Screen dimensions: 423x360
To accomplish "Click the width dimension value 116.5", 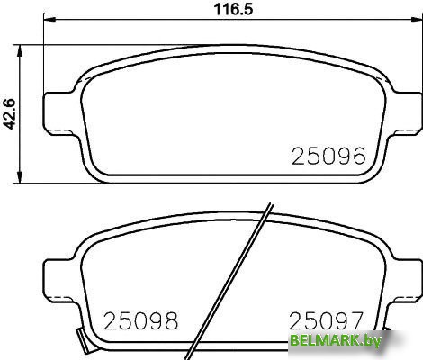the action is click(x=233, y=9).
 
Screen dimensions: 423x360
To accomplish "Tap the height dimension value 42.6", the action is click(x=9, y=114).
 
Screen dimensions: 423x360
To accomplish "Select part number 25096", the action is click(x=328, y=156).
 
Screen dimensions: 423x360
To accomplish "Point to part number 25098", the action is click(x=140, y=320).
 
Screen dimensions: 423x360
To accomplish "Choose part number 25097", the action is click(x=326, y=320).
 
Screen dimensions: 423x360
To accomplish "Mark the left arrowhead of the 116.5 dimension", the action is click(x=49, y=20).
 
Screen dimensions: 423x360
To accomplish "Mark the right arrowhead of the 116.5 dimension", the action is click(x=416, y=20).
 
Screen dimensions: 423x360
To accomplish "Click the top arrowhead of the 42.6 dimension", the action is click(x=20, y=51).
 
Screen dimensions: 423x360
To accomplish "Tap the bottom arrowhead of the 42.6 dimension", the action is click(x=20, y=177).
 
